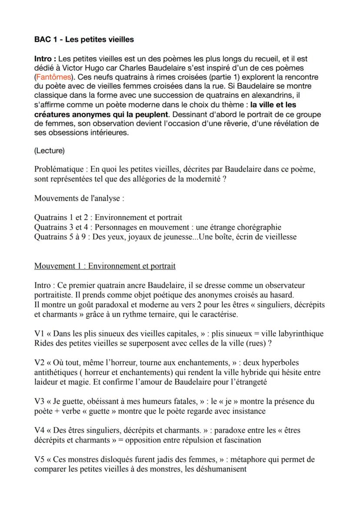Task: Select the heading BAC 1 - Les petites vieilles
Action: point(84,40)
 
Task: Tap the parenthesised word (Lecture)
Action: point(49,151)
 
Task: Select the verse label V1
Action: point(40,334)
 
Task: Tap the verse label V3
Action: point(40,402)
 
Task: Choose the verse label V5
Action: point(40,459)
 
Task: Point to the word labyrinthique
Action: point(300,334)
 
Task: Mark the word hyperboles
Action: point(280,363)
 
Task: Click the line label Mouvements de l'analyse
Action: point(79,199)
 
